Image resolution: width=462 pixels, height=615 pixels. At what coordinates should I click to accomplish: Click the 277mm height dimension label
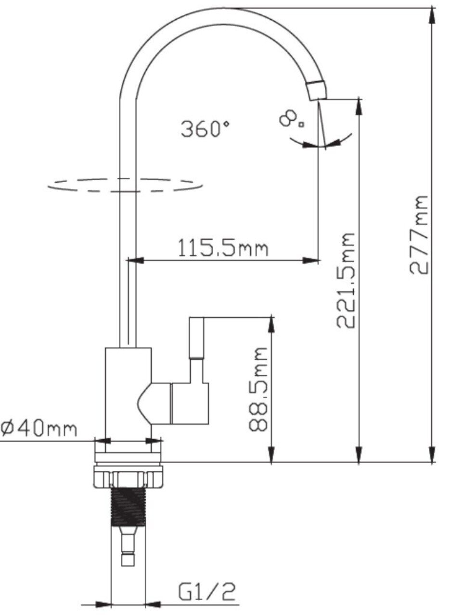419,235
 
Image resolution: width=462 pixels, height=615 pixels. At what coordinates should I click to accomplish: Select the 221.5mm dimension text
346,280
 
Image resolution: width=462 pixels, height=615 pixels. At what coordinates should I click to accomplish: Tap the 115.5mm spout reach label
223,247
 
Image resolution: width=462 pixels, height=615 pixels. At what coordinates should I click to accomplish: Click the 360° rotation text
205,129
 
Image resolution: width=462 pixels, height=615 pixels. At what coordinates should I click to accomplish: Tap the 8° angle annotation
292,119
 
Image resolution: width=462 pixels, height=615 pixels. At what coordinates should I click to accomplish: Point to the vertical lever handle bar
196,338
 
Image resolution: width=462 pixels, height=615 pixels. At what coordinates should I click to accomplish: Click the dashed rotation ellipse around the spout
125,185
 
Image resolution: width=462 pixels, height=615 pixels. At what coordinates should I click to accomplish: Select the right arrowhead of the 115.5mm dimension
310,260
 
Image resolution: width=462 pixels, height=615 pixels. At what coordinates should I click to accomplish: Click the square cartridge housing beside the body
190,403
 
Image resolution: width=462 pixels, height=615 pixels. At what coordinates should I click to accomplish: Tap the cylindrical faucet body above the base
128,400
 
